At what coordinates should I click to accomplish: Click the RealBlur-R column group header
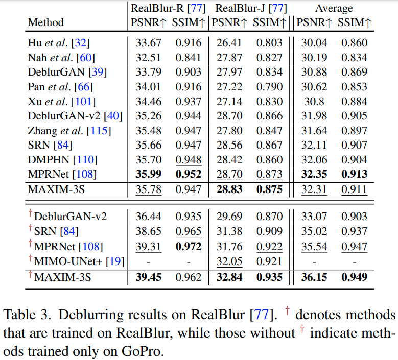click(168, 8)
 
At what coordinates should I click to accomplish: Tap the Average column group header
click(334, 8)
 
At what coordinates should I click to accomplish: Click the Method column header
click(45, 22)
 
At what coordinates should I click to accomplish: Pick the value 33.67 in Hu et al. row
click(148, 43)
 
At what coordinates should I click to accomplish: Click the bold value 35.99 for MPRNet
click(148, 174)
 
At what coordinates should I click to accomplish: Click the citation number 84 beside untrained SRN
click(70, 145)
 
